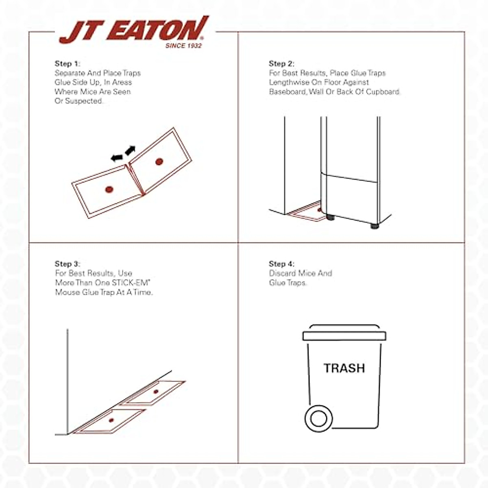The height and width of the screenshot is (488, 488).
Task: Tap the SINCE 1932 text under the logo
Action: (x=183, y=46)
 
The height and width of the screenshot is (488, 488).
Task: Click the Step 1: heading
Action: (x=68, y=63)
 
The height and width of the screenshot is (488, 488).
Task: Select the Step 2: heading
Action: (x=281, y=63)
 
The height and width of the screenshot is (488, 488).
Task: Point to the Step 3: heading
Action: (x=68, y=264)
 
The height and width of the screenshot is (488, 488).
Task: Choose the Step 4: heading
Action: (x=281, y=264)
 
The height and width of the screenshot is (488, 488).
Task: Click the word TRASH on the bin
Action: (x=344, y=368)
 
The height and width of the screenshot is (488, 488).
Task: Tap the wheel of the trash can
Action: (x=318, y=418)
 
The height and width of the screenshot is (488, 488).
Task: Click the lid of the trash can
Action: (x=344, y=335)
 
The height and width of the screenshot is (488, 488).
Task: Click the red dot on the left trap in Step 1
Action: (x=109, y=189)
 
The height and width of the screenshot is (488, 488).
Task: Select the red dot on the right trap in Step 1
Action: (x=159, y=162)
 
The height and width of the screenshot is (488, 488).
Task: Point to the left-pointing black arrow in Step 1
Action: (x=117, y=157)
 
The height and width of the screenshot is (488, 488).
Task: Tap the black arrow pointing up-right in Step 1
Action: (x=130, y=150)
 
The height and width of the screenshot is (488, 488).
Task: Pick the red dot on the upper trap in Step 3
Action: (x=156, y=392)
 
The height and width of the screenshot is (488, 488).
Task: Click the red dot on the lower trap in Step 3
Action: (x=111, y=420)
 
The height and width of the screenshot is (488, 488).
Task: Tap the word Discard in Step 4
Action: (x=283, y=273)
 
